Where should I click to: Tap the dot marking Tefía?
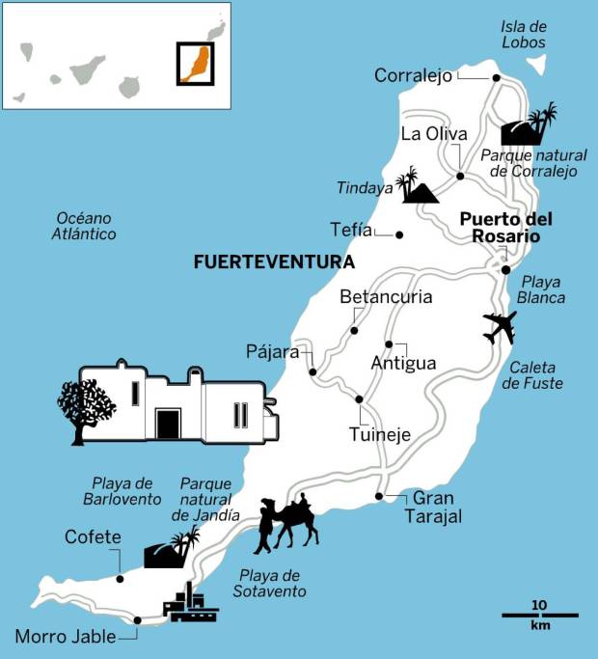399,234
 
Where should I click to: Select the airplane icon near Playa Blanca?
500,328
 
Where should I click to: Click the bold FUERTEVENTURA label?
274,261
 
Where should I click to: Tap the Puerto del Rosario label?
499,227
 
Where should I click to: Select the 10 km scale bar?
539,615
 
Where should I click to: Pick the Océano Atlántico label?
86,226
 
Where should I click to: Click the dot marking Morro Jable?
137,620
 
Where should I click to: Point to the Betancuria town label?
386,297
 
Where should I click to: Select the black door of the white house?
168,423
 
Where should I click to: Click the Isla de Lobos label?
524,34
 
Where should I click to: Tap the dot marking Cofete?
120,579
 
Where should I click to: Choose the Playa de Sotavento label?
273,584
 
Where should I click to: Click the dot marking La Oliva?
460,177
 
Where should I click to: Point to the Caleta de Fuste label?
531,374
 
